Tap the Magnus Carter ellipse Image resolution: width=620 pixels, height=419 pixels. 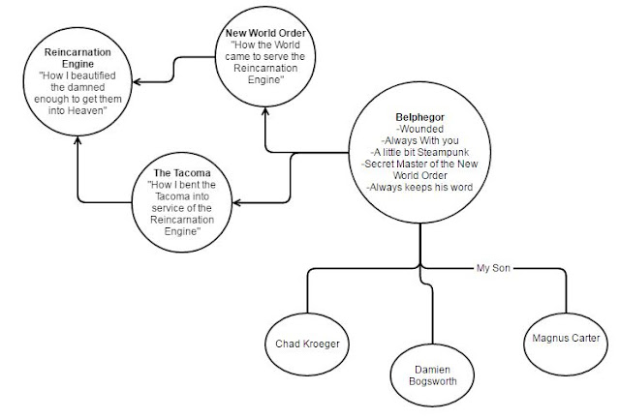click(x=565, y=338)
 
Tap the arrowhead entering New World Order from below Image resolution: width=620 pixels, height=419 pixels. click(x=265, y=113)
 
